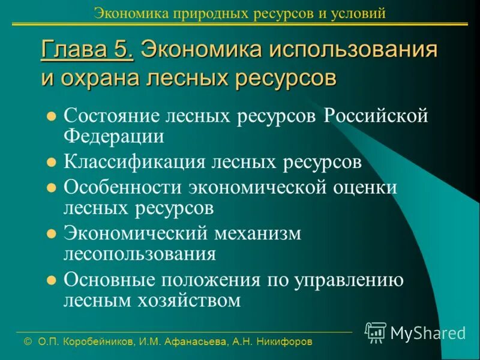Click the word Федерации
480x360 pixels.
pos(114,137)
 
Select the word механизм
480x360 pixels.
pos(258,232)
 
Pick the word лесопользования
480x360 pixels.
pos(140,253)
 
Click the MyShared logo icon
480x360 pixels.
pos(376,332)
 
